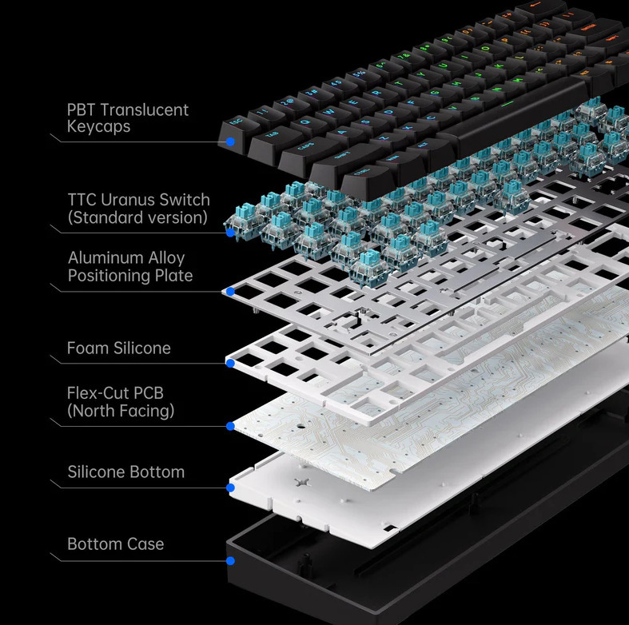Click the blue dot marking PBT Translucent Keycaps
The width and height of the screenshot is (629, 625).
click(x=230, y=141)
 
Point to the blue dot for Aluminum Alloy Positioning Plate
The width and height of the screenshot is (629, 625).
click(x=230, y=292)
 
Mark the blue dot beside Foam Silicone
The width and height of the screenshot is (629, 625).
click(x=230, y=364)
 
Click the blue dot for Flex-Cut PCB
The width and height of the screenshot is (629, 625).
click(x=230, y=426)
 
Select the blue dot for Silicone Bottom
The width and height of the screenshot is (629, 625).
click(x=230, y=488)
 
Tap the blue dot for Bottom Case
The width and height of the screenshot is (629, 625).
click(x=230, y=561)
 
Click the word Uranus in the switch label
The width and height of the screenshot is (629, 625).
click(x=128, y=200)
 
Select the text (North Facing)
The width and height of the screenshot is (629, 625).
click(x=121, y=411)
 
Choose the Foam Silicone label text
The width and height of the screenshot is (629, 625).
click(x=119, y=348)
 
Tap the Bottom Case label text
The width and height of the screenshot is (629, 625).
click(x=116, y=544)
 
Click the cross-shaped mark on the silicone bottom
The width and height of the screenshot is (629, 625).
click(x=301, y=483)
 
